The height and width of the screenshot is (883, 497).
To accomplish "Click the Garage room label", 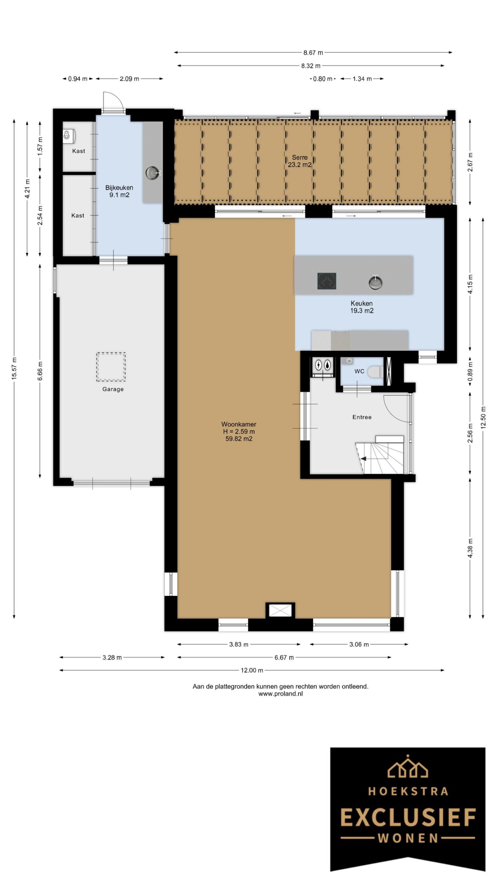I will [113, 389].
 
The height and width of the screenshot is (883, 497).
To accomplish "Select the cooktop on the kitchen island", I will [327, 281].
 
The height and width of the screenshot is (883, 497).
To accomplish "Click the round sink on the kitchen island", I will [375, 282].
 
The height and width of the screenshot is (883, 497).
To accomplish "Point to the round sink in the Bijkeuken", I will [152, 173].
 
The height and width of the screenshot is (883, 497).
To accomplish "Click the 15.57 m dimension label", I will [14, 369].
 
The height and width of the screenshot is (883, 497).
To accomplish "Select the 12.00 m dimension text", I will [252, 670].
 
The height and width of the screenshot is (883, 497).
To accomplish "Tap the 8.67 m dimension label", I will [313, 53].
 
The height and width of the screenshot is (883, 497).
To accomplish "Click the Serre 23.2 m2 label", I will [299, 161].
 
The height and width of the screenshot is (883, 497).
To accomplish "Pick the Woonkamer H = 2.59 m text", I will [238, 431].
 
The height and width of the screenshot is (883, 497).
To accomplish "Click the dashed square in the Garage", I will [111, 367].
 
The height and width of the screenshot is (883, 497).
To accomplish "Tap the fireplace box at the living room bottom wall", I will [280, 611].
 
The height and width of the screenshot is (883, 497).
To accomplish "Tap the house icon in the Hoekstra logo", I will [408, 766].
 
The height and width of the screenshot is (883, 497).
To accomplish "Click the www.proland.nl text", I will [280, 694].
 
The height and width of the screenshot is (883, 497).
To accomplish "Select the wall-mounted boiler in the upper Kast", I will [69, 136].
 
